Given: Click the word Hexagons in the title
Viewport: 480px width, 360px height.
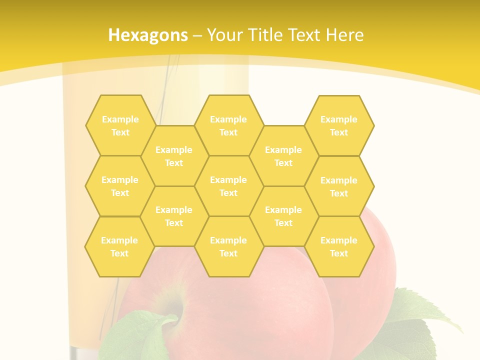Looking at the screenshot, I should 148,35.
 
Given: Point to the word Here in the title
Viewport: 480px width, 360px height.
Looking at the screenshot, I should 345,35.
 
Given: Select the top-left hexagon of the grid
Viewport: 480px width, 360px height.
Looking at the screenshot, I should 120,125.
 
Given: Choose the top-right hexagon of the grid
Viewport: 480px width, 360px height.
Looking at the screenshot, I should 339,125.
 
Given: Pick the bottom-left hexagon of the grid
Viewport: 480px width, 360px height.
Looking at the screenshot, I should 119,246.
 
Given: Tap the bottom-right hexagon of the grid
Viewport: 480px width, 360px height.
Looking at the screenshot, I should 339,246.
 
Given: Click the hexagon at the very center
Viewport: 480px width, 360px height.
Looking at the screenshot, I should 228,186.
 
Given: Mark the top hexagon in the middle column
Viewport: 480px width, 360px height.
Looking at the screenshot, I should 228,125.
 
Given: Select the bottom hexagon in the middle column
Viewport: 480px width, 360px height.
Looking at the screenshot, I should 228,246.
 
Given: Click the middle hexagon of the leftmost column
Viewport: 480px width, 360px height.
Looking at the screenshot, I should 120,186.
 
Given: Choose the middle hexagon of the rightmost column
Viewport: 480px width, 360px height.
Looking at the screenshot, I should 339,186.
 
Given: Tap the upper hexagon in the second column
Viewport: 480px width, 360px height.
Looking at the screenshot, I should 174,156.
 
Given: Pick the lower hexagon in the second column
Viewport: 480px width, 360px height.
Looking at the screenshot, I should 174,216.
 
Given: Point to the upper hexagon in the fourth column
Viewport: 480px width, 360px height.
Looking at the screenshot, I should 283,156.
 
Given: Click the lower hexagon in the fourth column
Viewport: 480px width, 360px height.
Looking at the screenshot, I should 283,216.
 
